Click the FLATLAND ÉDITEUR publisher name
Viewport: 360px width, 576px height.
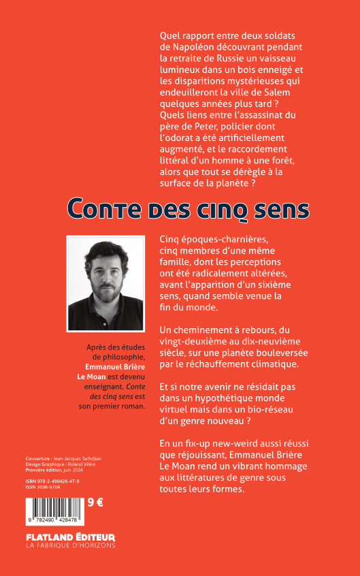(x=71, y=536)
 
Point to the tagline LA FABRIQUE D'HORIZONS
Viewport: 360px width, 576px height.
(x=71, y=545)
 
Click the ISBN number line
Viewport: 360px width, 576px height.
(x=54, y=481)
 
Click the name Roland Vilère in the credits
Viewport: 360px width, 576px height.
(x=80, y=464)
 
